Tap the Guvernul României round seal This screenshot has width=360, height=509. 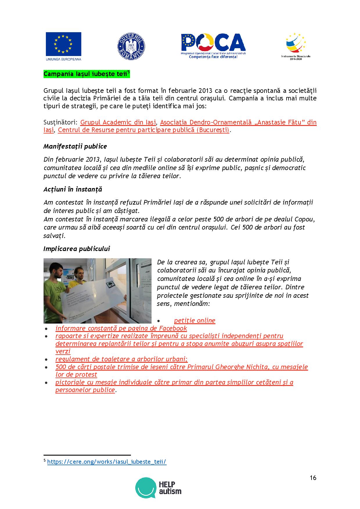tap(131, 46)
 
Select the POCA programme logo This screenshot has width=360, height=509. tap(213, 46)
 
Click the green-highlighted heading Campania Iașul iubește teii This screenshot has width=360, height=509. tap(86, 74)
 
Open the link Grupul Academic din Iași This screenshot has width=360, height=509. tap(118, 122)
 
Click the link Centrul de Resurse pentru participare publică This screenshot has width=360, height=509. tap(143, 130)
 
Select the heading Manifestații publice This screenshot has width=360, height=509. tap(75, 146)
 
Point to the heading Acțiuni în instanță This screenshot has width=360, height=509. tap(73, 189)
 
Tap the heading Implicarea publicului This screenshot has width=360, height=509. tap(77, 249)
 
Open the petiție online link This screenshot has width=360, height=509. tap(195, 321)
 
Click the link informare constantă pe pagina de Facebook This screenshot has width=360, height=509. tap(121, 328)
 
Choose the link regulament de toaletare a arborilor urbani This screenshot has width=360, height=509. tap(121, 359)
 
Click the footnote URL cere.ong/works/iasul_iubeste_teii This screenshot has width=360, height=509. tap(107, 462)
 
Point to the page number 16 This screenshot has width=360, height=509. tap(313, 478)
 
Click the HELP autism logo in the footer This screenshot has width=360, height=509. tap(158, 488)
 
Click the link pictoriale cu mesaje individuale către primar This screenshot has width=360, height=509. tap(174, 382)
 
